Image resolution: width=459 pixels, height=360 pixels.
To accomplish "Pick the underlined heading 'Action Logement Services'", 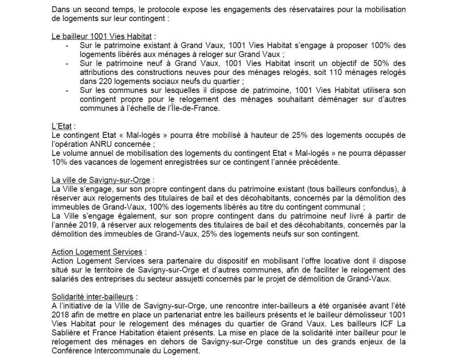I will [97, 253].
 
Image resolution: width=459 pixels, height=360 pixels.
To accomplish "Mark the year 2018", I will [59, 315].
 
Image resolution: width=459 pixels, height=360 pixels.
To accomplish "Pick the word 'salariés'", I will [65, 279].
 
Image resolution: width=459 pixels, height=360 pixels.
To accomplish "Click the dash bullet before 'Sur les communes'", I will [67, 90].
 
